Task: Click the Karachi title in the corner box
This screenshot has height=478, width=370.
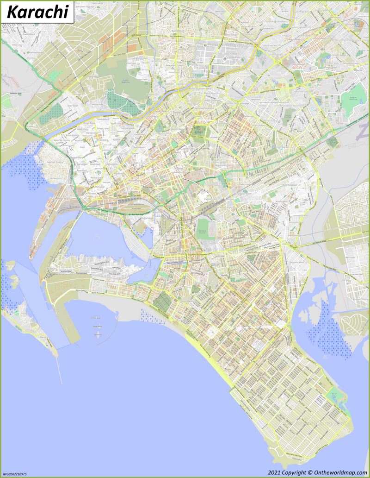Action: click(37, 13)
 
